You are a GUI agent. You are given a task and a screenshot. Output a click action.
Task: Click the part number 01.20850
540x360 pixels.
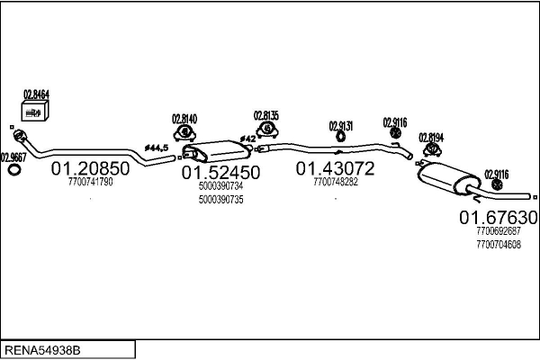coord(90,168)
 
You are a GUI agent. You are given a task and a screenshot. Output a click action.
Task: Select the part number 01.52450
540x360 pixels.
coord(220,172)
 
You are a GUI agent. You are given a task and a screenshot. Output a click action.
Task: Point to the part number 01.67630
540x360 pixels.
coord(499,217)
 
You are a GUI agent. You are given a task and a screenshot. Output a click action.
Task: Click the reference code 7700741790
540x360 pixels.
coord(90,182)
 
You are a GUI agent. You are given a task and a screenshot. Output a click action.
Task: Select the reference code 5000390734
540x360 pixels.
coord(220,185)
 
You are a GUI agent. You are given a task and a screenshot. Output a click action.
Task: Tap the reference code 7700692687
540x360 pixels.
coord(499,231)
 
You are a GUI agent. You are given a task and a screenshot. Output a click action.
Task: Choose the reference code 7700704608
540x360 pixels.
coord(499,244)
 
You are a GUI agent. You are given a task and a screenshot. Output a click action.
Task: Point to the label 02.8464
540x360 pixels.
coord(35,94)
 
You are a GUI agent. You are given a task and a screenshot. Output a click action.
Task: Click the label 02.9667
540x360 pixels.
coord(13,155)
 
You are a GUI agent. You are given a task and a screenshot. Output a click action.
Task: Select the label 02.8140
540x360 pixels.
coord(184,118)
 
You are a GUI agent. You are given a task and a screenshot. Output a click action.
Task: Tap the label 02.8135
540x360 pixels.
coord(265,115)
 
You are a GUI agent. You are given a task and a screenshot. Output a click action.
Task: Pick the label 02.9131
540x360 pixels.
coord(341,125)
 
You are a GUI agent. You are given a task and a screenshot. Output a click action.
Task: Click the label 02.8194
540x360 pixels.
coord(430,137)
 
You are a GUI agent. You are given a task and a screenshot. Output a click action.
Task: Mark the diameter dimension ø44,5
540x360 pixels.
coord(157,147)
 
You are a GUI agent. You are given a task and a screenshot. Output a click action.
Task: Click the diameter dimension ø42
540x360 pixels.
coord(246,138)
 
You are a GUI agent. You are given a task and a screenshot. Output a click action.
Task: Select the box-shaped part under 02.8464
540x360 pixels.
coord(35,112)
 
